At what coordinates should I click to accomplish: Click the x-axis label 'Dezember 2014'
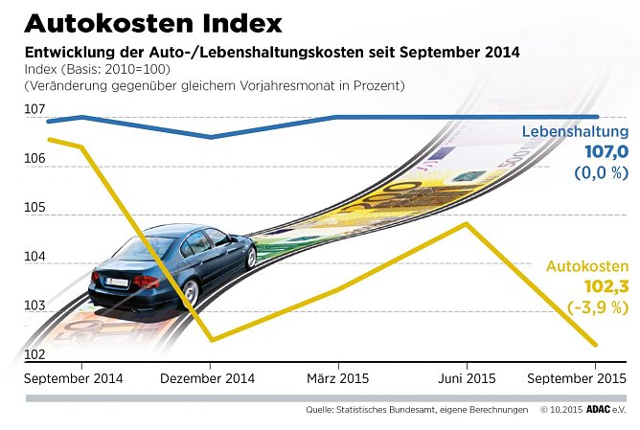click(207, 378)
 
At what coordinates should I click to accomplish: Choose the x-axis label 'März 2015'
click(336, 378)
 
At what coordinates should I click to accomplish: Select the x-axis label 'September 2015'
click(581, 378)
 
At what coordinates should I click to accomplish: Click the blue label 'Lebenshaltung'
click(575, 132)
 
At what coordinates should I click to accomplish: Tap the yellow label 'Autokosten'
click(586, 266)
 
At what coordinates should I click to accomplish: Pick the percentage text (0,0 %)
click(601, 173)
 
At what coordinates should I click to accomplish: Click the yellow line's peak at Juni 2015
click(466, 223)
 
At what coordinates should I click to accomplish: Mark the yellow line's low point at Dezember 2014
click(211, 340)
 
